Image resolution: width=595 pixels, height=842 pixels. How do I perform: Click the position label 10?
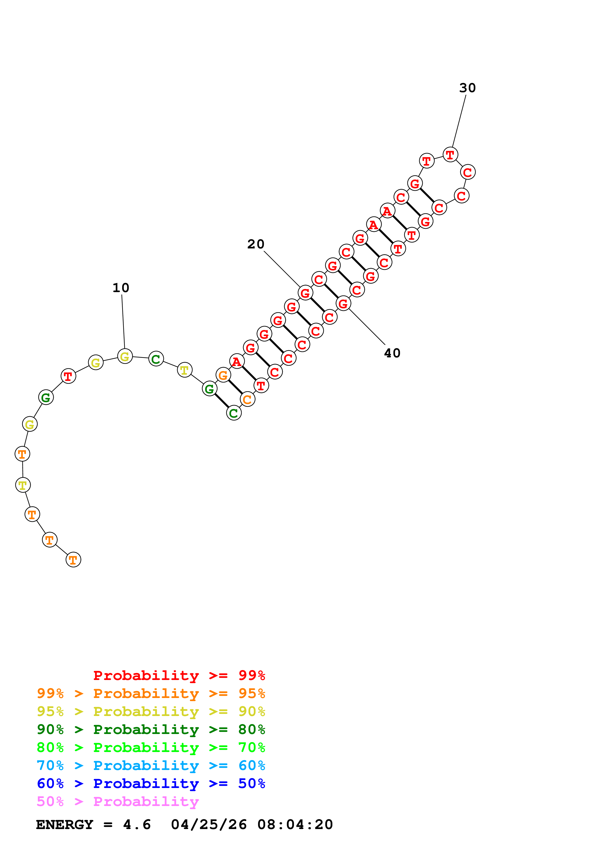121,288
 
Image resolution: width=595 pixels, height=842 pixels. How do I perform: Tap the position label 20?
256,244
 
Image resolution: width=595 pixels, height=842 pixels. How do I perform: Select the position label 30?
467,88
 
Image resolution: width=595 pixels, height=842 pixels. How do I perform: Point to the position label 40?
392,353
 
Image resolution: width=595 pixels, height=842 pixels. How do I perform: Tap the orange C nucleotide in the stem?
247,399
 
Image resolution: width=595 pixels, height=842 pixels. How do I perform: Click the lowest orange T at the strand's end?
73,560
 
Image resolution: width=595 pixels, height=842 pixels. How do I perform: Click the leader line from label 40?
367,327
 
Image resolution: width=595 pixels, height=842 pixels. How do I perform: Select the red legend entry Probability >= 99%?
179,675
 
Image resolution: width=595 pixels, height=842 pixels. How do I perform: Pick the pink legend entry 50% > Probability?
118,802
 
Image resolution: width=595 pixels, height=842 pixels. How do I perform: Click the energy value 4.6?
137,825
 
